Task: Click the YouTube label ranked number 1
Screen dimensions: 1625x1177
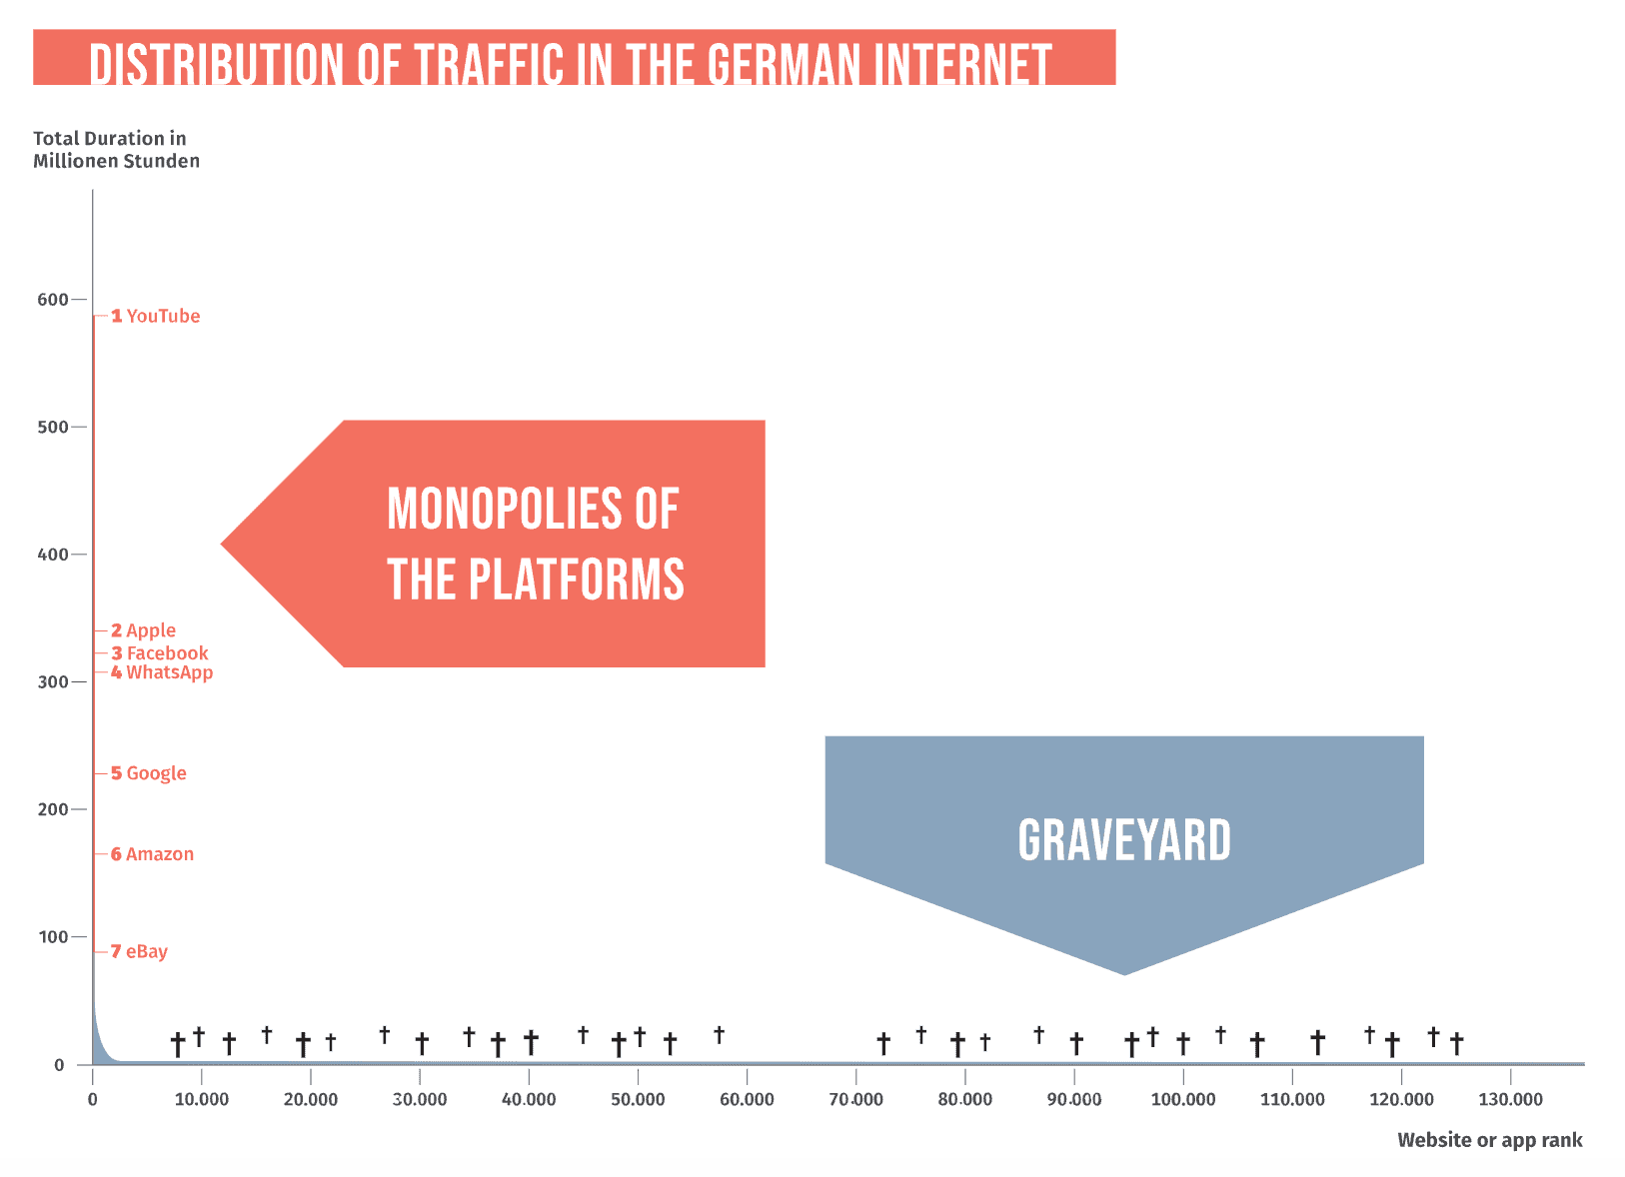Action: coord(155,316)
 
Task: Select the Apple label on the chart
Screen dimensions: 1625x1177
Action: coord(143,630)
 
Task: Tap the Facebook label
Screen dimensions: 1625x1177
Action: coord(160,653)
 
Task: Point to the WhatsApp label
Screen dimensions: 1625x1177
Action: coord(162,673)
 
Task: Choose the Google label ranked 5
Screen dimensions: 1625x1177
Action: coord(149,773)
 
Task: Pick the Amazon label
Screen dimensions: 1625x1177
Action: coord(152,854)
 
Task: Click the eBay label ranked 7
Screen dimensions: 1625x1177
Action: coord(139,951)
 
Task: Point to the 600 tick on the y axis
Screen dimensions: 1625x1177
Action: coord(52,300)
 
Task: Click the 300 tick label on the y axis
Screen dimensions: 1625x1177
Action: coord(52,682)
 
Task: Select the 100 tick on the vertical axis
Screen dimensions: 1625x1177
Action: coord(53,937)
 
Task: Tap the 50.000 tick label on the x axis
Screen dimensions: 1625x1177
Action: coord(638,1100)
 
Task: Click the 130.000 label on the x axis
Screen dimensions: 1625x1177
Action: coord(1510,1100)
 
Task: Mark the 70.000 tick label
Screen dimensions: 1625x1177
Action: coord(856,1100)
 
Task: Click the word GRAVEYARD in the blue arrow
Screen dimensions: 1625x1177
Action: coord(1124,840)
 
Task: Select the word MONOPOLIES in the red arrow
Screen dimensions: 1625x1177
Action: coord(504,509)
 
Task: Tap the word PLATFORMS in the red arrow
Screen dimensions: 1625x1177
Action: coord(577,580)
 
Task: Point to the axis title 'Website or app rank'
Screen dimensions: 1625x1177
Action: coord(1490,1141)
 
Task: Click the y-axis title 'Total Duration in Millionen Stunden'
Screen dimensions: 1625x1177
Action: coord(116,150)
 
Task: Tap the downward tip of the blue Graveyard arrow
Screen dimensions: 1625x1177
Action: coord(1124,975)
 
